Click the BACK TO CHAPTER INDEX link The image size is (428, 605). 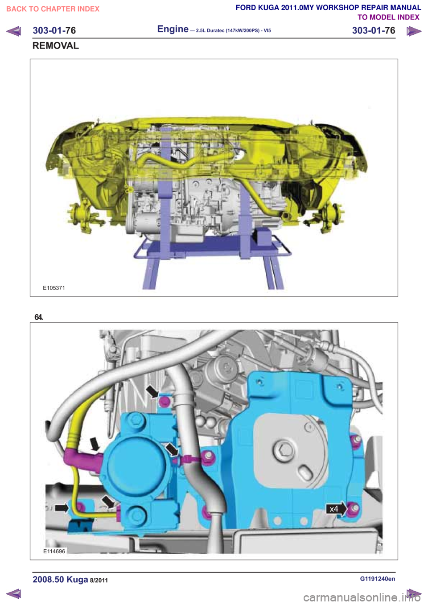coord(53,9)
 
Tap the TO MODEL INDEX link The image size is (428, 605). coord(388,17)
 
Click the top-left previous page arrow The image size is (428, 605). coord(13,31)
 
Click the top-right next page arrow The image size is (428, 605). coord(414,31)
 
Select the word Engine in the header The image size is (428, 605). coord(173,29)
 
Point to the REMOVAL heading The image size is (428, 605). coord(56,45)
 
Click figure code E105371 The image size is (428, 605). coord(54,288)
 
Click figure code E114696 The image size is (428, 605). coord(54,551)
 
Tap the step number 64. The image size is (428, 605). coord(39,317)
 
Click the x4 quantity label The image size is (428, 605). coord(334,509)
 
